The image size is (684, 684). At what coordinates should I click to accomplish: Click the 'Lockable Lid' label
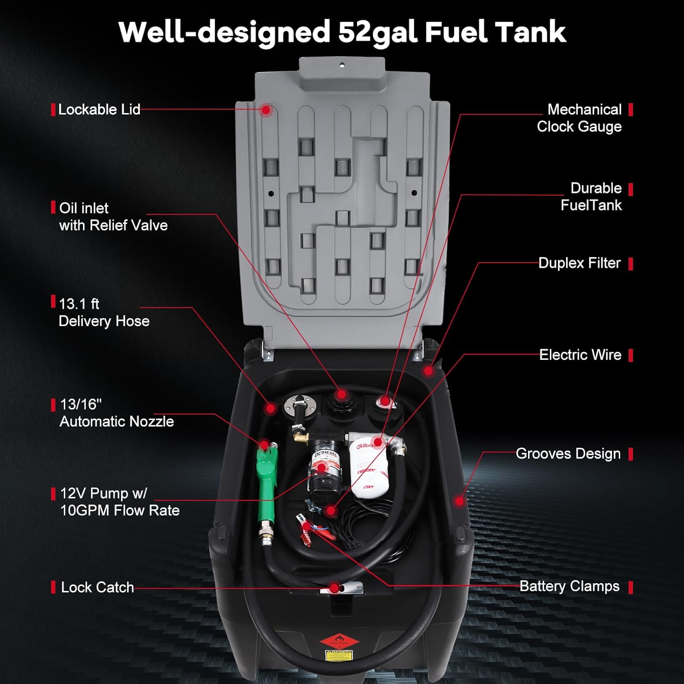pyautogui.click(x=99, y=109)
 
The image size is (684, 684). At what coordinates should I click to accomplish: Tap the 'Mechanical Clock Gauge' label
pyautogui.click(x=580, y=118)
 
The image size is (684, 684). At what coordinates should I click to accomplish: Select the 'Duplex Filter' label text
pyautogui.click(x=579, y=263)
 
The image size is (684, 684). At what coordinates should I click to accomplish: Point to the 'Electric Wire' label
pyautogui.click(x=580, y=355)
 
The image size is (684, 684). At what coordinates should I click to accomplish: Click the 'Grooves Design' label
pyautogui.click(x=568, y=454)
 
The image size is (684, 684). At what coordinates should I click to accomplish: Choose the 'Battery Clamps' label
pyautogui.click(x=569, y=586)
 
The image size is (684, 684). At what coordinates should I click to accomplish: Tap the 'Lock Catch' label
pyautogui.click(x=97, y=587)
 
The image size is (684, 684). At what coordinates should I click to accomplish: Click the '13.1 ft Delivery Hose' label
pyautogui.click(x=104, y=312)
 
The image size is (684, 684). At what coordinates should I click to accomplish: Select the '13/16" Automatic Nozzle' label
pyautogui.click(x=117, y=413)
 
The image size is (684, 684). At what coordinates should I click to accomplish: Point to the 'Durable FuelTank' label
pyautogui.click(x=591, y=197)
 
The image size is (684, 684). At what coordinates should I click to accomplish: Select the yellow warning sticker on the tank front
pyautogui.click(x=338, y=655)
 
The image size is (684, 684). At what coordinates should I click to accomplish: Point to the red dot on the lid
pyautogui.click(x=267, y=110)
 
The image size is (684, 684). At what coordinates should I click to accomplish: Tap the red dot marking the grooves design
pyautogui.click(x=459, y=501)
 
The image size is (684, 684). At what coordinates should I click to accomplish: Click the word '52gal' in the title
pyautogui.click(x=378, y=32)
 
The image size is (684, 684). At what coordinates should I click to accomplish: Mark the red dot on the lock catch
pyautogui.click(x=335, y=588)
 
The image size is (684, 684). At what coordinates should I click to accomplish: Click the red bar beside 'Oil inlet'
pyautogui.click(x=53, y=207)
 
